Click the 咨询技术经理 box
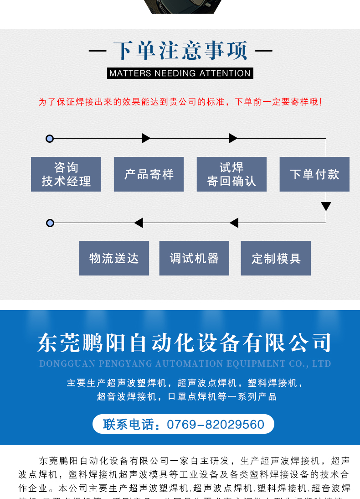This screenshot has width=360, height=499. click(x=66, y=174)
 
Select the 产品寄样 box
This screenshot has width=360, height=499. click(x=149, y=174)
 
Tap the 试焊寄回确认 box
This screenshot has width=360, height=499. click(x=231, y=174)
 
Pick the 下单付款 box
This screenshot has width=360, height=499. click(x=314, y=174)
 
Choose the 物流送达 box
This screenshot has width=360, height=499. click(x=114, y=258)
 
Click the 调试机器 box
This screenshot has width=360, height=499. click(x=194, y=258)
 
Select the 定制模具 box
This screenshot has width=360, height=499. click(x=276, y=258)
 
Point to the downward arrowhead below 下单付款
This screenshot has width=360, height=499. click(x=326, y=206)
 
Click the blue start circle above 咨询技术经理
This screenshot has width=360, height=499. click(x=50, y=139)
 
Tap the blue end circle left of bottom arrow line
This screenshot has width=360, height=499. click(x=50, y=223)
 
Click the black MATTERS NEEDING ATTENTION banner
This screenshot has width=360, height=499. click(x=180, y=73)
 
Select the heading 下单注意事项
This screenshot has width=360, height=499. click(x=180, y=51)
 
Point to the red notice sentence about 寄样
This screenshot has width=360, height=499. click(x=180, y=102)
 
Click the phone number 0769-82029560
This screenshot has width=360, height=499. click(x=216, y=425)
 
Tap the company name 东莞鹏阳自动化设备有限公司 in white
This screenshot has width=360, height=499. click(x=185, y=343)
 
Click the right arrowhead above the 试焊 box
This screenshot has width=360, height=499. click(x=233, y=138)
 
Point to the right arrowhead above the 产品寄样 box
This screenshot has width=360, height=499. click(x=146, y=138)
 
